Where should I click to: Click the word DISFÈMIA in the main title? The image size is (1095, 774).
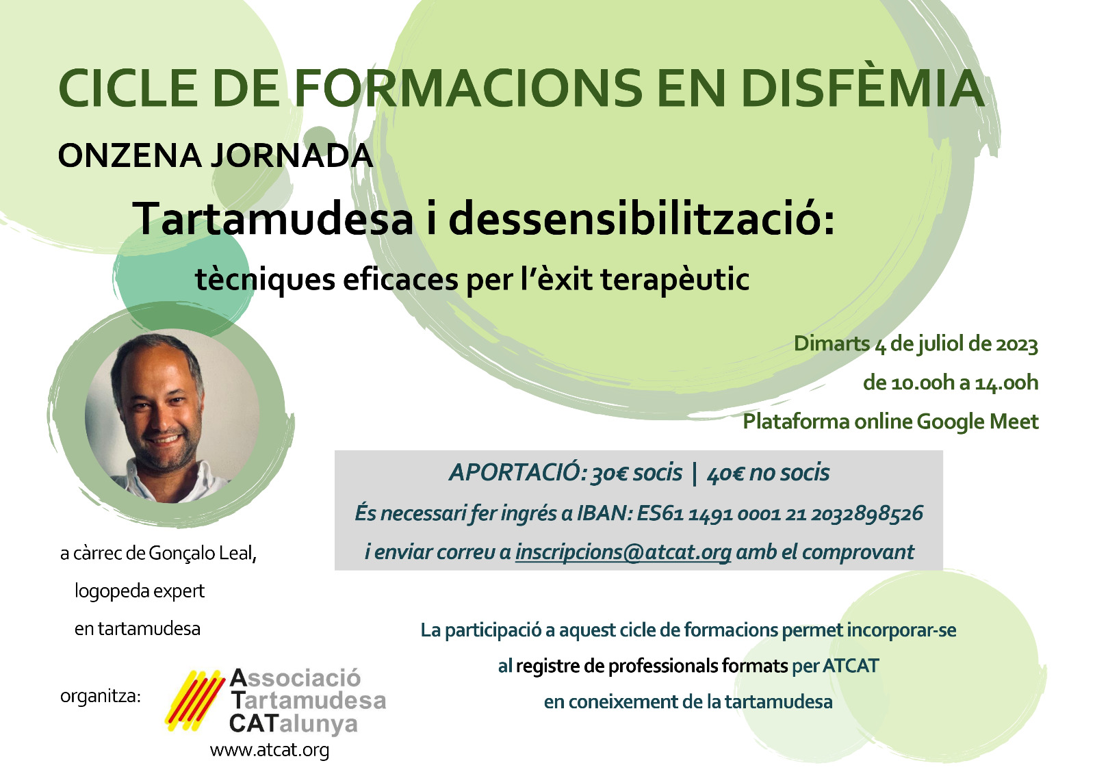(863, 88)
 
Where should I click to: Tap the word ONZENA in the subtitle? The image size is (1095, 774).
(129, 155)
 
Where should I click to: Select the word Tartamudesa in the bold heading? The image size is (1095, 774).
(273, 218)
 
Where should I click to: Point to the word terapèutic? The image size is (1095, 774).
(675, 280)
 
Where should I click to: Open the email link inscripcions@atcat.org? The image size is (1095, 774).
(623, 552)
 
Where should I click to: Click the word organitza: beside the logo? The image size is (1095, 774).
(100, 696)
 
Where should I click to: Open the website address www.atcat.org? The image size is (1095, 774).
(270, 749)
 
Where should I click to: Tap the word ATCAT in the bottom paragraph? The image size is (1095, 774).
(851, 666)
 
